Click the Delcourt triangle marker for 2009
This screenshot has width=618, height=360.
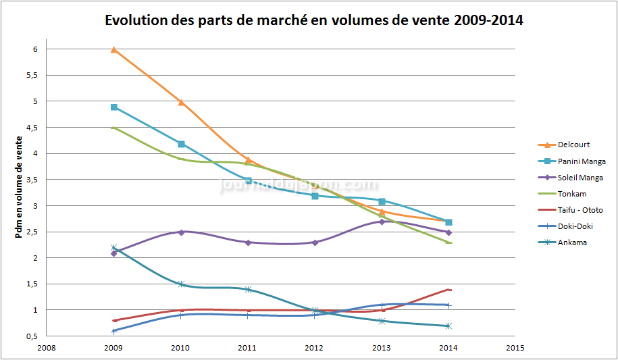coord(114,49)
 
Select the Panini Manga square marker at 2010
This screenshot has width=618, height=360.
coord(181,144)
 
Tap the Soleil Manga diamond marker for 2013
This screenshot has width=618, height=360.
coord(382,222)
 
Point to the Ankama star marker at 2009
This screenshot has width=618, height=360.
coord(114,248)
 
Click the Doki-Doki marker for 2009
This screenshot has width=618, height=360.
coord(114,331)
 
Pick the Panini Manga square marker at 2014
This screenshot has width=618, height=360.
coord(448,222)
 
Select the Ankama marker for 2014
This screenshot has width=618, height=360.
coord(448,326)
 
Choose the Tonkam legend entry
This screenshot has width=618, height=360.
coord(571,193)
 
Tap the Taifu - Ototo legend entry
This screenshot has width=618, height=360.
coord(580,210)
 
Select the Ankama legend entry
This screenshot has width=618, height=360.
coord(572,242)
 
